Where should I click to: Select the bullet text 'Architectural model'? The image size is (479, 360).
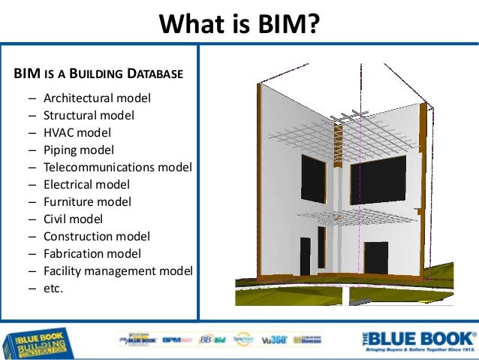tap(97, 98)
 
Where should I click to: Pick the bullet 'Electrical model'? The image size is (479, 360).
tap(86, 184)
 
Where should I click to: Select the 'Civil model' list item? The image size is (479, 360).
tap(73, 219)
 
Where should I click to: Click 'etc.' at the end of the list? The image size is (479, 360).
tap(53, 288)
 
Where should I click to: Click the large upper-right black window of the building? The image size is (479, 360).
tap(378, 180)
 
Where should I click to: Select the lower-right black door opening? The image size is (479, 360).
tap(376, 259)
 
